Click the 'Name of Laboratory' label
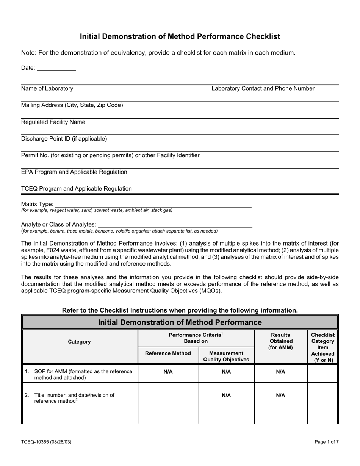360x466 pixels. point(47,89)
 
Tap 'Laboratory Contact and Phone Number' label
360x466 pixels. point(263,89)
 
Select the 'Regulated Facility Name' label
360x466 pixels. point(53,122)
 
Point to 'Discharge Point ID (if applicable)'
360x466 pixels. point(64,139)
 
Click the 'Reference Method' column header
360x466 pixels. point(168,353)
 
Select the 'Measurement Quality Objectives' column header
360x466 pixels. point(226,356)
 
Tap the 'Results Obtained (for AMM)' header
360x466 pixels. point(280,341)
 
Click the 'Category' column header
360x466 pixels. point(79,342)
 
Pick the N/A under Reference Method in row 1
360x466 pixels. point(168,372)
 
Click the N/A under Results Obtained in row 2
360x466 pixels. point(280,396)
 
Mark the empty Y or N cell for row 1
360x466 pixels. point(322,373)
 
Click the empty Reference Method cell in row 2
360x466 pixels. point(168,403)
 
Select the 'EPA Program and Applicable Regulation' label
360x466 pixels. point(74,172)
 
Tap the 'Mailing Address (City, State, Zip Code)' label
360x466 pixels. point(72,105)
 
